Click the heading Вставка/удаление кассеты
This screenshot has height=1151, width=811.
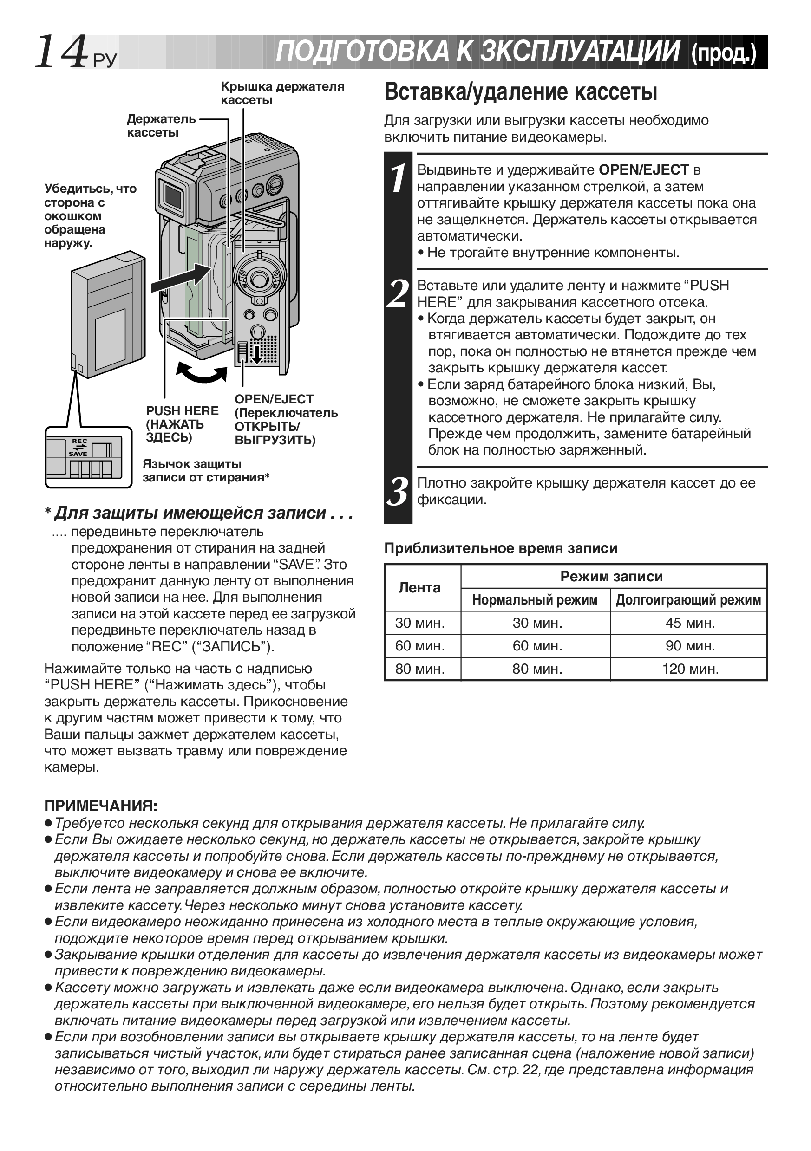click(520, 92)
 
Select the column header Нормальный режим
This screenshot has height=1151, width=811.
click(535, 600)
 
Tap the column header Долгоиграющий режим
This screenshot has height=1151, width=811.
click(688, 600)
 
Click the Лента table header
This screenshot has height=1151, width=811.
click(419, 587)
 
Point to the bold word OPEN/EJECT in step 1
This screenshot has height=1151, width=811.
click(644, 170)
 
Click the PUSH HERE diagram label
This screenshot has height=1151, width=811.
click(182, 423)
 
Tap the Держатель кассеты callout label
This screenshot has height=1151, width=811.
click(161, 125)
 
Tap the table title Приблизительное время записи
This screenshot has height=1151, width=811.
click(501, 548)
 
